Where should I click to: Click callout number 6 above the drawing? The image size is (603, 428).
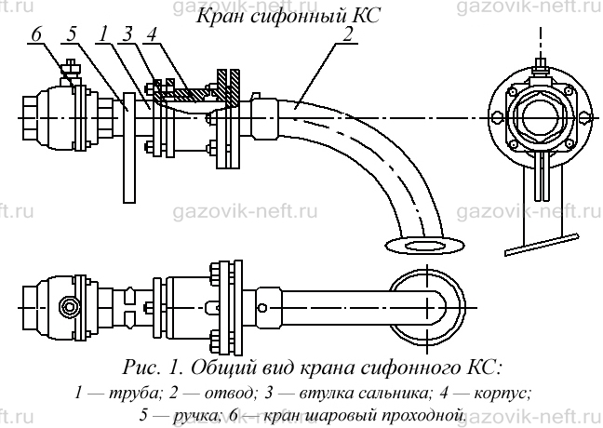point(35,34)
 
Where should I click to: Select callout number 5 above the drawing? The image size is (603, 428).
point(72,34)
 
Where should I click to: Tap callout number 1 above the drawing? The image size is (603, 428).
point(102,34)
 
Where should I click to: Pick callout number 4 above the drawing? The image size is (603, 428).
point(151,34)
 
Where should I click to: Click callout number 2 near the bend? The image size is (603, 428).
point(347,34)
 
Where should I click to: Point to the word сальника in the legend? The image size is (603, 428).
point(392,393)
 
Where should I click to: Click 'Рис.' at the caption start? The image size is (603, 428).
point(141,368)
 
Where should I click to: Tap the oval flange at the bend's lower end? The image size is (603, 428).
point(423,246)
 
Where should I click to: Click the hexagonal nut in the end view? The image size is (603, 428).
point(538,114)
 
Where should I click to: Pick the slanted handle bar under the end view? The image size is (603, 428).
point(542,244)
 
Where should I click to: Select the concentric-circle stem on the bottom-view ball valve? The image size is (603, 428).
point(70,307)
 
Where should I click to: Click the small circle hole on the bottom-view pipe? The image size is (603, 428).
point(262,308)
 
